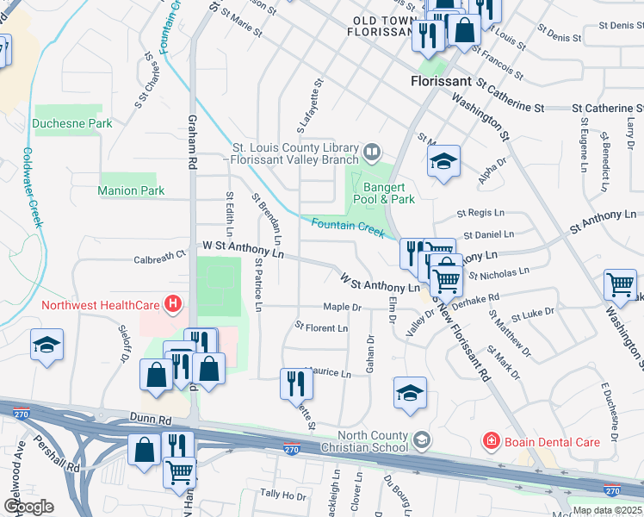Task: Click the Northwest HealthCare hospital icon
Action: point(174,304)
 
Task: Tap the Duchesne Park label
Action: point(72,124)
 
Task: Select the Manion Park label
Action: point(131,190)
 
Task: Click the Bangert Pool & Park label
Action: point(389,193)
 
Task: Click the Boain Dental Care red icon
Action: point(491,442)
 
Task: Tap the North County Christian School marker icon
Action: point(421,441)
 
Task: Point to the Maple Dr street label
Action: point(342,307)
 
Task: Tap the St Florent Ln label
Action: point(321,328)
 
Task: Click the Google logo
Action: point(28,507)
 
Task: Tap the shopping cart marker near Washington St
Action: point(620,283)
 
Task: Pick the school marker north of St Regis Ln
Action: point(443,161)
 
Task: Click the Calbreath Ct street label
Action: point(159,257)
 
